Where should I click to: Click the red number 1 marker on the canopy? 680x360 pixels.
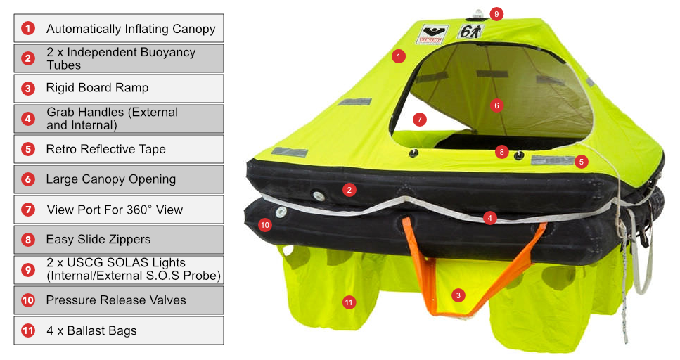pyautogui.click(x=398, y=56)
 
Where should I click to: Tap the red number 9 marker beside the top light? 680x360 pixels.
pyautogui.click(x=496, y=14)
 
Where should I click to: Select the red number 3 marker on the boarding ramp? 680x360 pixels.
pyautogui.click(x=458, y=295)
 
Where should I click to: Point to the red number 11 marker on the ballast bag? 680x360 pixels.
pyautogui.click(x=349, y=302)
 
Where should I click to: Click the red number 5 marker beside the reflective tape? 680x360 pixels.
pyautogui.click(x=581, y=162)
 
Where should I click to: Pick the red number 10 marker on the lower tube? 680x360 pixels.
pyautogui.click(x=264, y=225)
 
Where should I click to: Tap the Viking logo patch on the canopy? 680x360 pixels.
pyautogui.click(x=432, y=34)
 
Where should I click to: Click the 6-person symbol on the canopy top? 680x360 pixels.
pyautogui.click(x=470, y=31)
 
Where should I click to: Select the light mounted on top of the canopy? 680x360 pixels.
pyautogui.click(x=477, y=15)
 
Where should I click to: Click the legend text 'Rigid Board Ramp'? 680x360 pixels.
pyautogui.click(x=97, y=88)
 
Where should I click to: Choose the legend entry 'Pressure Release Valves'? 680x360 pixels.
pyautogui.click(x=116, y=300)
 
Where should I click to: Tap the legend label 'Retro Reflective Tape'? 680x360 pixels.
pyautogui.click(x=105, y=149)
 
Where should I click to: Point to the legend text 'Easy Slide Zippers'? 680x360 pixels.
pyautogui.click(x=98, y=240)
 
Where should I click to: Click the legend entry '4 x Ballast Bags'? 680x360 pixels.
pyautogui.click(x=91, y=330)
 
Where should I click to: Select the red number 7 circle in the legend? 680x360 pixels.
pyautogui.click(x=28, y=210)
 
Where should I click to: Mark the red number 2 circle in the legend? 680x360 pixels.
pyautogui.click(x=28, y=58)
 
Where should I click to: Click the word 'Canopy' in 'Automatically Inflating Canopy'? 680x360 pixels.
pyautogui.click(x=194, y=30)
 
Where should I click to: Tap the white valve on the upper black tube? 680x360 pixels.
pyautogui.click(x=319, y=196)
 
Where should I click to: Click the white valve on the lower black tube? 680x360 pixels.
pyautogui.click(x=281, y=212)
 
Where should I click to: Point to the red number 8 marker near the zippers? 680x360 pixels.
pyautogui.click(x=502, y=152)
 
